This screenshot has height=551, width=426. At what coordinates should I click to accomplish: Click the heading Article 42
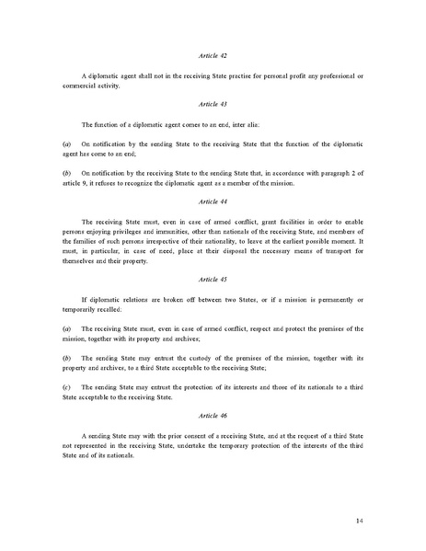(213, 56)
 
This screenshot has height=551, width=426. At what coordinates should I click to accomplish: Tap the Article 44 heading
(213, 201)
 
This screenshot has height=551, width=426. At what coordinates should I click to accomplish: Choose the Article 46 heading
(213, 416)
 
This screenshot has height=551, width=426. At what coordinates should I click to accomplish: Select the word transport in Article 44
(322, 258)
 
